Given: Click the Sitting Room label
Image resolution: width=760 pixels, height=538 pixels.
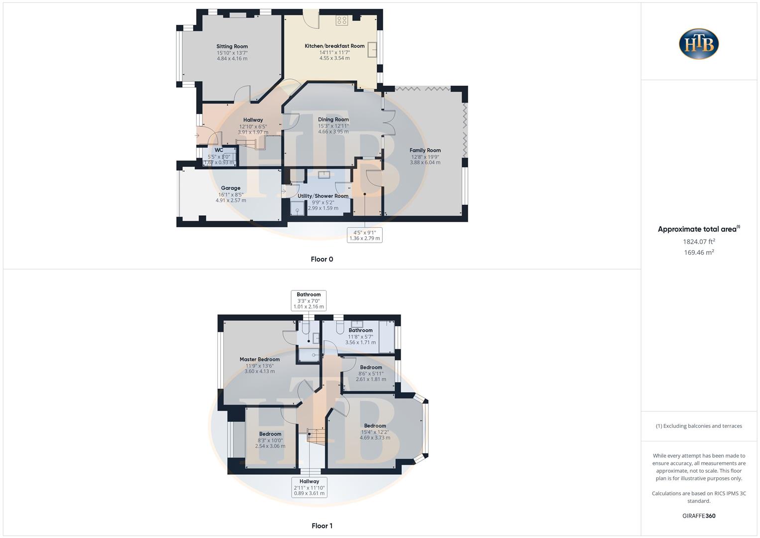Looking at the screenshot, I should pos(232,46).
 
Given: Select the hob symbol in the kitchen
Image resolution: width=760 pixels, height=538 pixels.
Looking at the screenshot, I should pos(341,20).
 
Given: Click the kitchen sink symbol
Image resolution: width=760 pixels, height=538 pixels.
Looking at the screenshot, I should pos(372,50).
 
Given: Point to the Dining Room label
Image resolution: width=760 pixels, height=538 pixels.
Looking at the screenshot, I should pos(333,120).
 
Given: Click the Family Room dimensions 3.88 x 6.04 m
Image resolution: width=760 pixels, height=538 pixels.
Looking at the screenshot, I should pos(425,162).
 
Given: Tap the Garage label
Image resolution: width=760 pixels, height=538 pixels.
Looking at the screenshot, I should pos(230,188).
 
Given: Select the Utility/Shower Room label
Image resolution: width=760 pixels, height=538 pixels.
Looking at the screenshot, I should pos(323,196).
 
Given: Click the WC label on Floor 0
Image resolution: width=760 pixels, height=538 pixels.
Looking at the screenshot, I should pos(219,150).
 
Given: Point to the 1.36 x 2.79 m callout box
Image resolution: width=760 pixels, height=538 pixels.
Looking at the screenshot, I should pos(365,235).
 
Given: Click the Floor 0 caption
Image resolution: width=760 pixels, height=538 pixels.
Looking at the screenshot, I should pos(322,259).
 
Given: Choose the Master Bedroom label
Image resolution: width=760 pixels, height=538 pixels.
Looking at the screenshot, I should pos(259,359).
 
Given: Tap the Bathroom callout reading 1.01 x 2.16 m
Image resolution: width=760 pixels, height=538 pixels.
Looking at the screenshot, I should pos(309,300).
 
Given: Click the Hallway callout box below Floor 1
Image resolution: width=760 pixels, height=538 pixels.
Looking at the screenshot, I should pos(309,487).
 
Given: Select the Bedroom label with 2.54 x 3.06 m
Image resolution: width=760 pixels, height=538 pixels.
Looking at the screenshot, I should pos(270,434).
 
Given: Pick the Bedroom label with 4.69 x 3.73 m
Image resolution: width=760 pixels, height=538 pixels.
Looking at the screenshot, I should pos(375,426).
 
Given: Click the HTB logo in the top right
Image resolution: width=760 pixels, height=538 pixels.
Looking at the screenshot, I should pos(699,44).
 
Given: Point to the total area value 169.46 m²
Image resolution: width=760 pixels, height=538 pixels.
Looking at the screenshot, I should pos(699,253).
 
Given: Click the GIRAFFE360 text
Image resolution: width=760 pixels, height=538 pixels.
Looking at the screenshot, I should pos(699,516).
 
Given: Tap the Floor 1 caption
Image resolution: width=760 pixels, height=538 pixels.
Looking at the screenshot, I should pos(322,526).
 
